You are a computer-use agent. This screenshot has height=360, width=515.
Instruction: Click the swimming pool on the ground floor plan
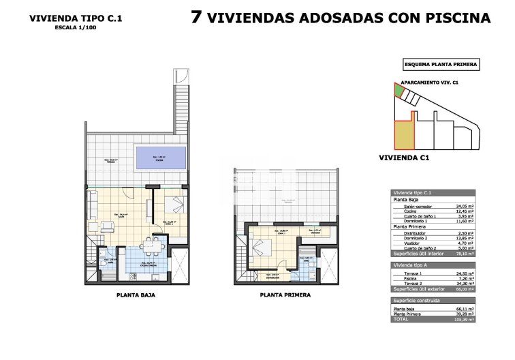pos(161,159)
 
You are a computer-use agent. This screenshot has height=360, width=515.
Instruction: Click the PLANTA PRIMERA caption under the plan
pos(285,295)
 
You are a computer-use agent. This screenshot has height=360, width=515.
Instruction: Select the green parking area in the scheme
pos(399,91)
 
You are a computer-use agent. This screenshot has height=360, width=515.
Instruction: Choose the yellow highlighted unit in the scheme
pos(403,135)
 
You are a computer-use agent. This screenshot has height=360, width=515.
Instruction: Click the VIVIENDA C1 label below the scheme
pos(404,158)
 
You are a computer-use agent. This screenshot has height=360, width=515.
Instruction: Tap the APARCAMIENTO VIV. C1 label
pos(428,81)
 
